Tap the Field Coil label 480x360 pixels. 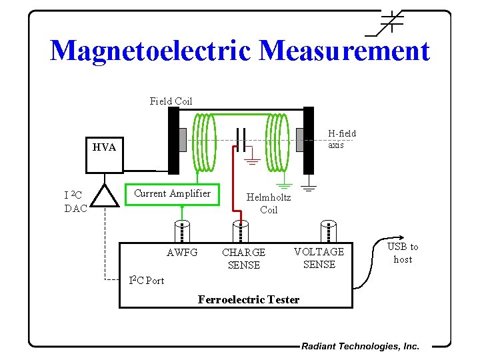(171, 101)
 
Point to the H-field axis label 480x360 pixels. (341, 139)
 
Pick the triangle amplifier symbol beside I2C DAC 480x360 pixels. (103, 196)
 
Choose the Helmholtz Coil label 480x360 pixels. (269, 203)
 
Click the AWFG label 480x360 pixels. (182, 253)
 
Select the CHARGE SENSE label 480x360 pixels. (243, 259)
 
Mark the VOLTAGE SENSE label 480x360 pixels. (319, 258)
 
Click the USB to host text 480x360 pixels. (403, 253)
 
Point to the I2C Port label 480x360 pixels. (146, 280)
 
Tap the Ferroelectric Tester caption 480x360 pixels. (249, 299)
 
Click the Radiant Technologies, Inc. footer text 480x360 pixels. (360, 346)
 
